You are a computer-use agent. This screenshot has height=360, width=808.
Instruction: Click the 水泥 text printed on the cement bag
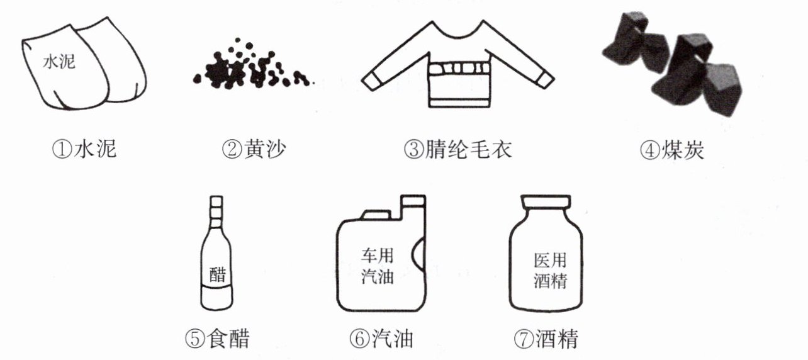(x=59, y=62)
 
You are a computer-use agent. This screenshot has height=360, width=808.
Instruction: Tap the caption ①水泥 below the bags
(x=84, y=149)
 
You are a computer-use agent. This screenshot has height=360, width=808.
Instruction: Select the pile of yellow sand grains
(x=252, y=65)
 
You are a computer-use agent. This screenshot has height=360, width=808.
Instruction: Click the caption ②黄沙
(x=254, y=149)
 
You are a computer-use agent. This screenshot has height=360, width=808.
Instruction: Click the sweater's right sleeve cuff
(x=544, y=79)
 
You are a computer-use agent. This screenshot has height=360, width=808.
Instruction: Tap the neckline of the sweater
(x=457, y=31)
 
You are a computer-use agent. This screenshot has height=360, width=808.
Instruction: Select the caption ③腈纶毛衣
(x=457, y=149)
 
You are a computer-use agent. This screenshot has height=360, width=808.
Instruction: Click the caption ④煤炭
(x=671, y=150)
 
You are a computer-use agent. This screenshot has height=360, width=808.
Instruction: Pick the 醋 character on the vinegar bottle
(x=218, y=274)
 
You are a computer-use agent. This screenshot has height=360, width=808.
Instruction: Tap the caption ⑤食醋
(x=217, y=339)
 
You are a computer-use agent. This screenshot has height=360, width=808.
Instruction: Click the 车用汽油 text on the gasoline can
(x=377, y=266)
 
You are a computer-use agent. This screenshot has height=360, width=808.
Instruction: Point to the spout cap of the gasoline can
(x=413, y=201)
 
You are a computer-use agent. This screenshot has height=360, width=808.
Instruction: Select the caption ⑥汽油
(x=381, y=339)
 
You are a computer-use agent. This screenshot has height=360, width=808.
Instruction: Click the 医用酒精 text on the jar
(x=550, y=271)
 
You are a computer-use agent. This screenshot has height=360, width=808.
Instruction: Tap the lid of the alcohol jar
(x=546, y=201)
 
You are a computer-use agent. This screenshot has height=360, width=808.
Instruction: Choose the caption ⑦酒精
(x=546, y=339)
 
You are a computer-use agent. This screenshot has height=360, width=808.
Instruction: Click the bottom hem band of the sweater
(x=459, y=103)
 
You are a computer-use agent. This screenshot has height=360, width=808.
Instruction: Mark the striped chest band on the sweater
(x=458, y=68)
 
